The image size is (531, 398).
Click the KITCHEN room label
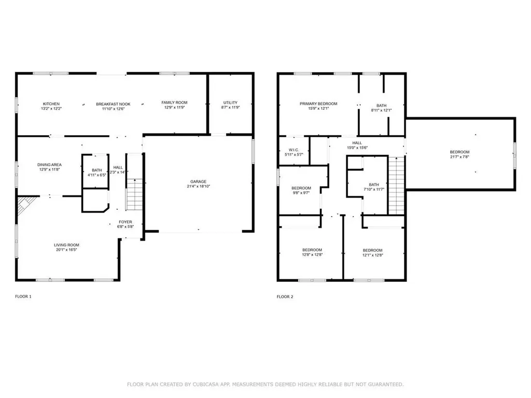point(51,104)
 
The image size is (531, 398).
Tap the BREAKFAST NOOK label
point(113,104)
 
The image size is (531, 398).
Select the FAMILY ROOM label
point(174,103)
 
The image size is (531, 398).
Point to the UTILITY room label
point(230,103)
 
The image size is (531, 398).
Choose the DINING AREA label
point(49,165)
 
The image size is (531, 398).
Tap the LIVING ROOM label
point(66,245)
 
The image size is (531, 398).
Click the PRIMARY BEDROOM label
point(318,104)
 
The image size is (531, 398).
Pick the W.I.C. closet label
point(295,150)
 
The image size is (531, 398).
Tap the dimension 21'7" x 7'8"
point(460,157)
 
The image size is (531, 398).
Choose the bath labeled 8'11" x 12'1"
point(381,107)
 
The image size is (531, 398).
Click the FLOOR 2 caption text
point(285,297)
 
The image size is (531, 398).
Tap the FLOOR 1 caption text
point(23,297)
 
